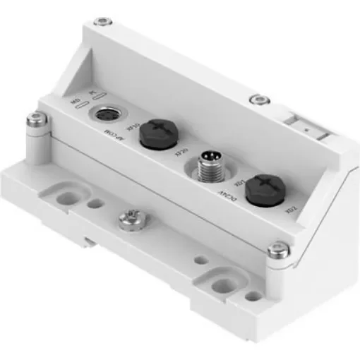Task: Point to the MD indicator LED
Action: pyautogui.click(x=83, y=107)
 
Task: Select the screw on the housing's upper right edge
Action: pyautogui.click(x=263, y=98)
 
